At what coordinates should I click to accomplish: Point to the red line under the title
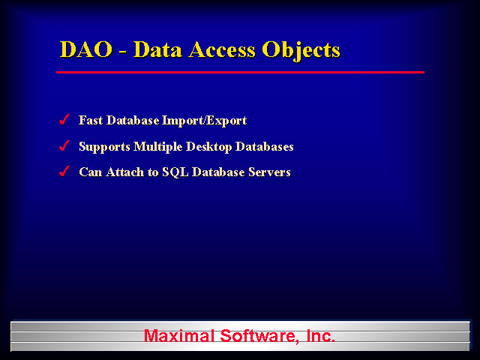240,72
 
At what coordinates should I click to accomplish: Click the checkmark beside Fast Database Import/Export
64,120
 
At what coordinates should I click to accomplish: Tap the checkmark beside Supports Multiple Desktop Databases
64,146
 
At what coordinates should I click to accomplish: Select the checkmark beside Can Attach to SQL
64,172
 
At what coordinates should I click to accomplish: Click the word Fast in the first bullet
91,121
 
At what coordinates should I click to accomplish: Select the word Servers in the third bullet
268,172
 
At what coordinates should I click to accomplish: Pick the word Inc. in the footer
320,336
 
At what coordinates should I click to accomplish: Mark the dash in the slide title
122,52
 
